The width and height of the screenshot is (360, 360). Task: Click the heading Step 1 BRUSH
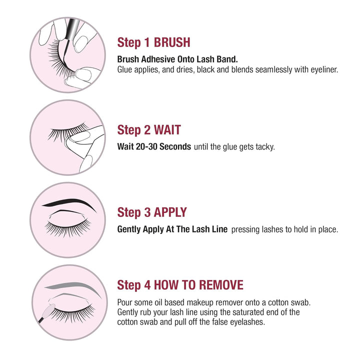(x=153, y=41)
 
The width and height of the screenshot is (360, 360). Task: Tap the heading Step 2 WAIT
(x=149, y=130)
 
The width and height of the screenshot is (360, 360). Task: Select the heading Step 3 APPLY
(x=152, y=212)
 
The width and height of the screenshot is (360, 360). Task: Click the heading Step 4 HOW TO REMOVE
(x=180, y=285)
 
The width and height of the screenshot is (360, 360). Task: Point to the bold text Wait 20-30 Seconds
(x=154, y=147)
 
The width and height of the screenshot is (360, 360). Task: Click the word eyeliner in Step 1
(x=322, y=69)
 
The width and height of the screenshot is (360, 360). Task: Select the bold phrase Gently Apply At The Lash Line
(x=172, y=229)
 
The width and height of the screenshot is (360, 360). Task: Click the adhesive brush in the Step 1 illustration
(x=68, y=28)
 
